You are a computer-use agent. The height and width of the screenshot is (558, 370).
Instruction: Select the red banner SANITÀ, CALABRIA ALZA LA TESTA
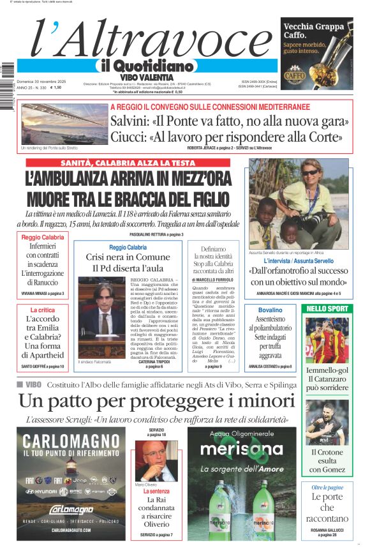[x=128, y=163]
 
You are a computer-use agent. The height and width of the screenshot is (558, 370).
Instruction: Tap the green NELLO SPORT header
[x=327, y=308]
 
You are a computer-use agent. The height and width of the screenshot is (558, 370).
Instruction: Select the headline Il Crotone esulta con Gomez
[x=327, y=461]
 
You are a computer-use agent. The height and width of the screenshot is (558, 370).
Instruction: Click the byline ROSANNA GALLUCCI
[x=327, y=529]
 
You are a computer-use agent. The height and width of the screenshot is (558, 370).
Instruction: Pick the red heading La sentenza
[x=156, y=492]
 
